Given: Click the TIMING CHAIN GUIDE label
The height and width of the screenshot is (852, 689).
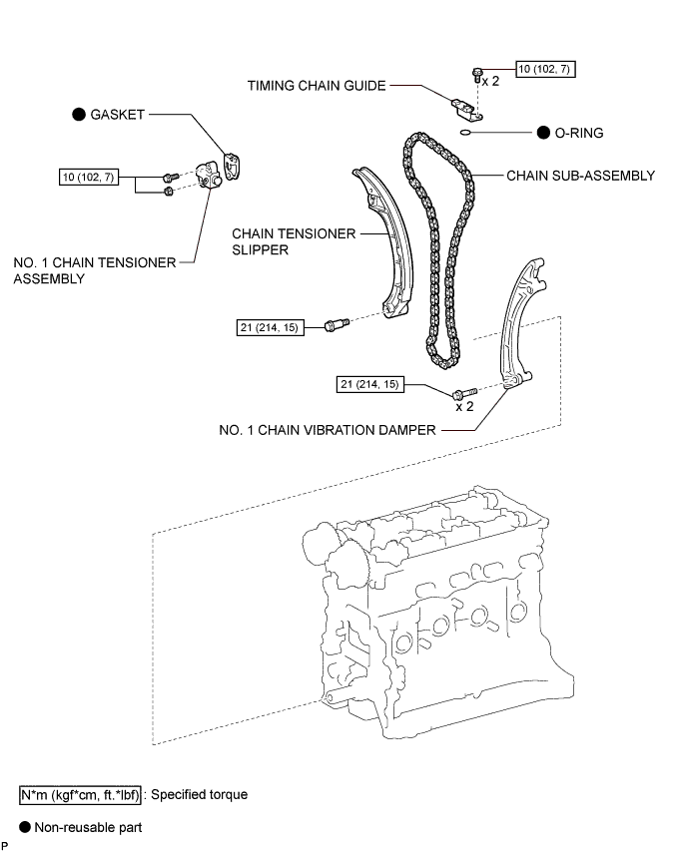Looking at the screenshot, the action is tap(317, 86).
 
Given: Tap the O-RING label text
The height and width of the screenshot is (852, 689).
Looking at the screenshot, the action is tap(578, 133).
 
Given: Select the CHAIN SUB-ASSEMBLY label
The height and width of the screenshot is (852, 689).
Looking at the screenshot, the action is tap(581, 176).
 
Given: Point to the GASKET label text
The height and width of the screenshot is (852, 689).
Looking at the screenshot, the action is tap(118, 115).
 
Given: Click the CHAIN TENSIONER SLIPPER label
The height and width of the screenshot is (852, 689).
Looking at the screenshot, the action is tap(294, 241).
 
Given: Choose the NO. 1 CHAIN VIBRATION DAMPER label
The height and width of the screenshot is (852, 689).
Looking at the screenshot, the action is tap(328, 430).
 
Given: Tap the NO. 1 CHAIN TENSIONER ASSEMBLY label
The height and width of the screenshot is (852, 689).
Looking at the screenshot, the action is tap(95, 270).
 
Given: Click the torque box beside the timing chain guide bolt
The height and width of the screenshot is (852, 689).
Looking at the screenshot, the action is tap(545, 69).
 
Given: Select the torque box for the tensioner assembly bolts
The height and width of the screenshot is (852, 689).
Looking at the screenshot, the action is tap(89, 178).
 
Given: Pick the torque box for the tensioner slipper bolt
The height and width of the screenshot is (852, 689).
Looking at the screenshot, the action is tap(270, 327).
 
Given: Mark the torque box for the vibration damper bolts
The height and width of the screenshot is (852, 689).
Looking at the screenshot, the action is tap(370, 384).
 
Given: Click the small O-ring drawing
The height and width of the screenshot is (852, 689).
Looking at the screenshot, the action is tap(465, 132).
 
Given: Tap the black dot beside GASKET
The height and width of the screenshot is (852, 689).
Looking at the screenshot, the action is tap(79, 115).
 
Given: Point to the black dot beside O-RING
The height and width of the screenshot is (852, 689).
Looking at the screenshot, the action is tap(543, 133).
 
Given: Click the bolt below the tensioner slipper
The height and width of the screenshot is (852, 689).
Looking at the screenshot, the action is tap(337, 324).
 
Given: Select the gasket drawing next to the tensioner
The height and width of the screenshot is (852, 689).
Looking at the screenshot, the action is tap(233, 167).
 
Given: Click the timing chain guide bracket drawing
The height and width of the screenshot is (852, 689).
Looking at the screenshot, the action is tap(466, 109).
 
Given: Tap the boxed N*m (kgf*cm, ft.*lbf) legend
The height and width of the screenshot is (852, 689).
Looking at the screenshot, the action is tap(80, 795).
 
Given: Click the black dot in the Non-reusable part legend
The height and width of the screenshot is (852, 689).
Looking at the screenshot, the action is tap(25, 827).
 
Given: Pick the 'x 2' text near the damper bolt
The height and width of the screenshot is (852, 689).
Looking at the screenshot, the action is tap(464, 406).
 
